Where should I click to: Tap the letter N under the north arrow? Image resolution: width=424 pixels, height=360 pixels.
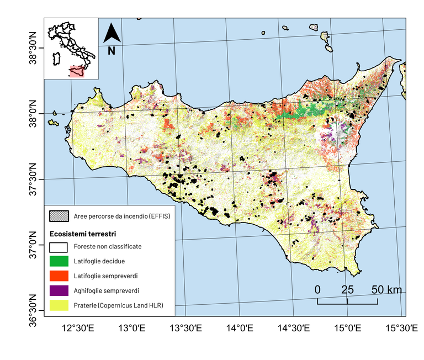[112, 51]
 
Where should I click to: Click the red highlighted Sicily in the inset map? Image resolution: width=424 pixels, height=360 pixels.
[77, 71]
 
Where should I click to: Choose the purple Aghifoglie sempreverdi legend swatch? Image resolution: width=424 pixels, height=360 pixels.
[59, 290]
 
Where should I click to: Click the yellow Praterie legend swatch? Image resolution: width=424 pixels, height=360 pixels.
[59, 305]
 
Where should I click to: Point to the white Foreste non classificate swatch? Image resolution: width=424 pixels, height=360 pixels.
[59, 246]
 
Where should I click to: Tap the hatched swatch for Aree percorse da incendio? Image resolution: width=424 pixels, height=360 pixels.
[59, 216]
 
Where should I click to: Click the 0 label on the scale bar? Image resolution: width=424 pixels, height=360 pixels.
[317, 290]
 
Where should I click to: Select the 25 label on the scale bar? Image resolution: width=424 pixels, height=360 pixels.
[347, 290]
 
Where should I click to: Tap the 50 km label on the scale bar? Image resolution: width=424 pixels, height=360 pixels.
[386, 290]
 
